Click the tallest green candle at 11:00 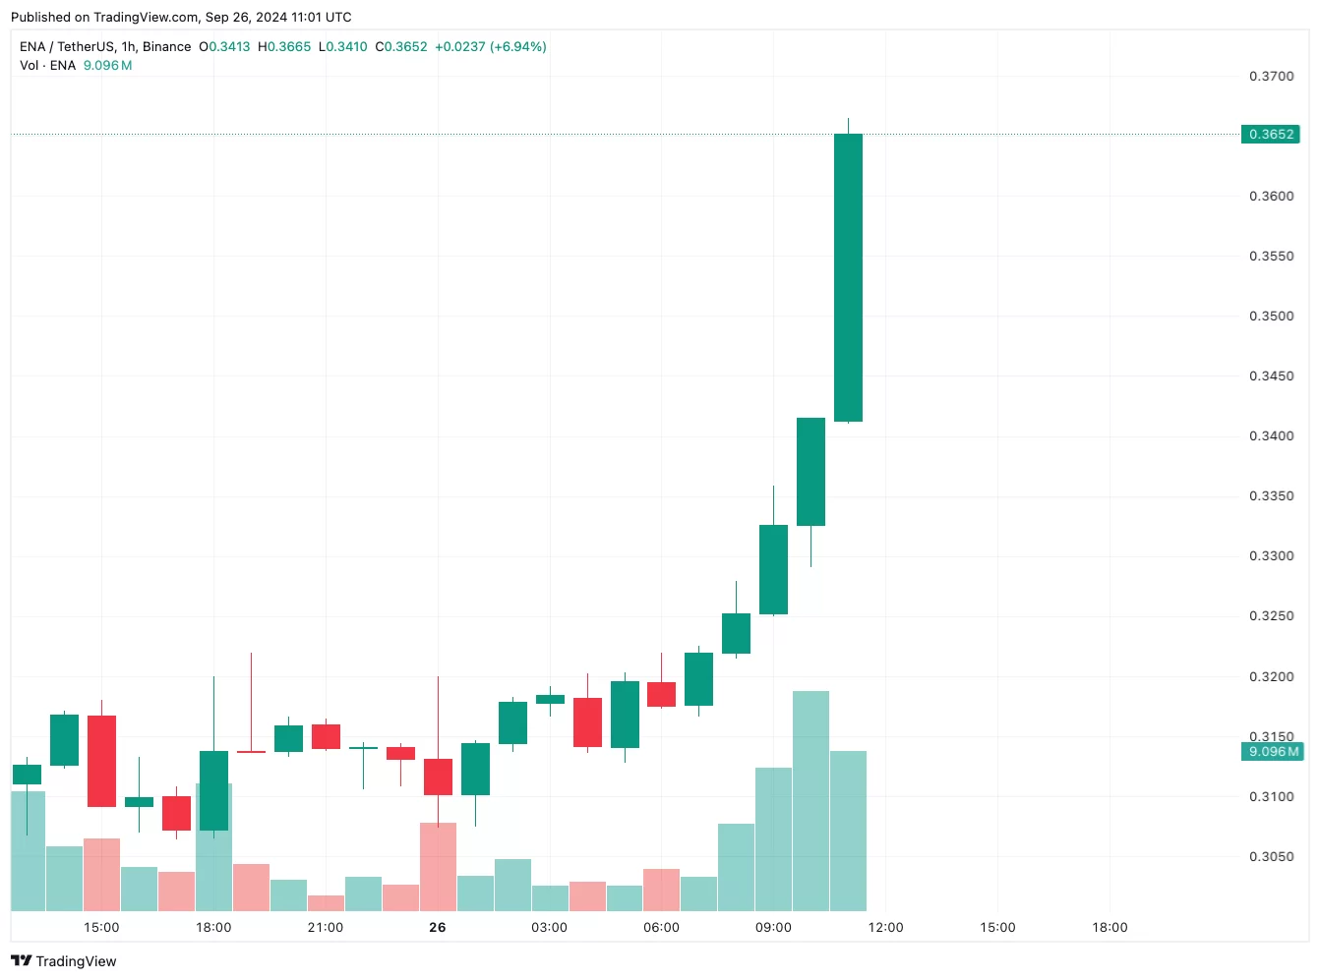point(848,277)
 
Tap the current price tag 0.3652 point(1271,135)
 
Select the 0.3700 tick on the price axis point(1271,77)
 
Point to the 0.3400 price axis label point(1271,436)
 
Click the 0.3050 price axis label point(1271,857)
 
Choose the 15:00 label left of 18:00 point(101,928)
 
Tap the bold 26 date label point(438,928)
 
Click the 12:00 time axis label point(885,928)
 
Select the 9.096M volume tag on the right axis point(1273,752)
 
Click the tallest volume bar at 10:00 point(810,801)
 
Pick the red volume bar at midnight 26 point(438,867)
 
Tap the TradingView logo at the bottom point(64,961)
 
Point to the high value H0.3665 point(284,47)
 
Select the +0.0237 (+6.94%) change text point(490,47)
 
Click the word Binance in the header point(167,47)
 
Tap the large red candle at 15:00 point(101,761)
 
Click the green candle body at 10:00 point(810,472)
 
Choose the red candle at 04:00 point(587,722)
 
